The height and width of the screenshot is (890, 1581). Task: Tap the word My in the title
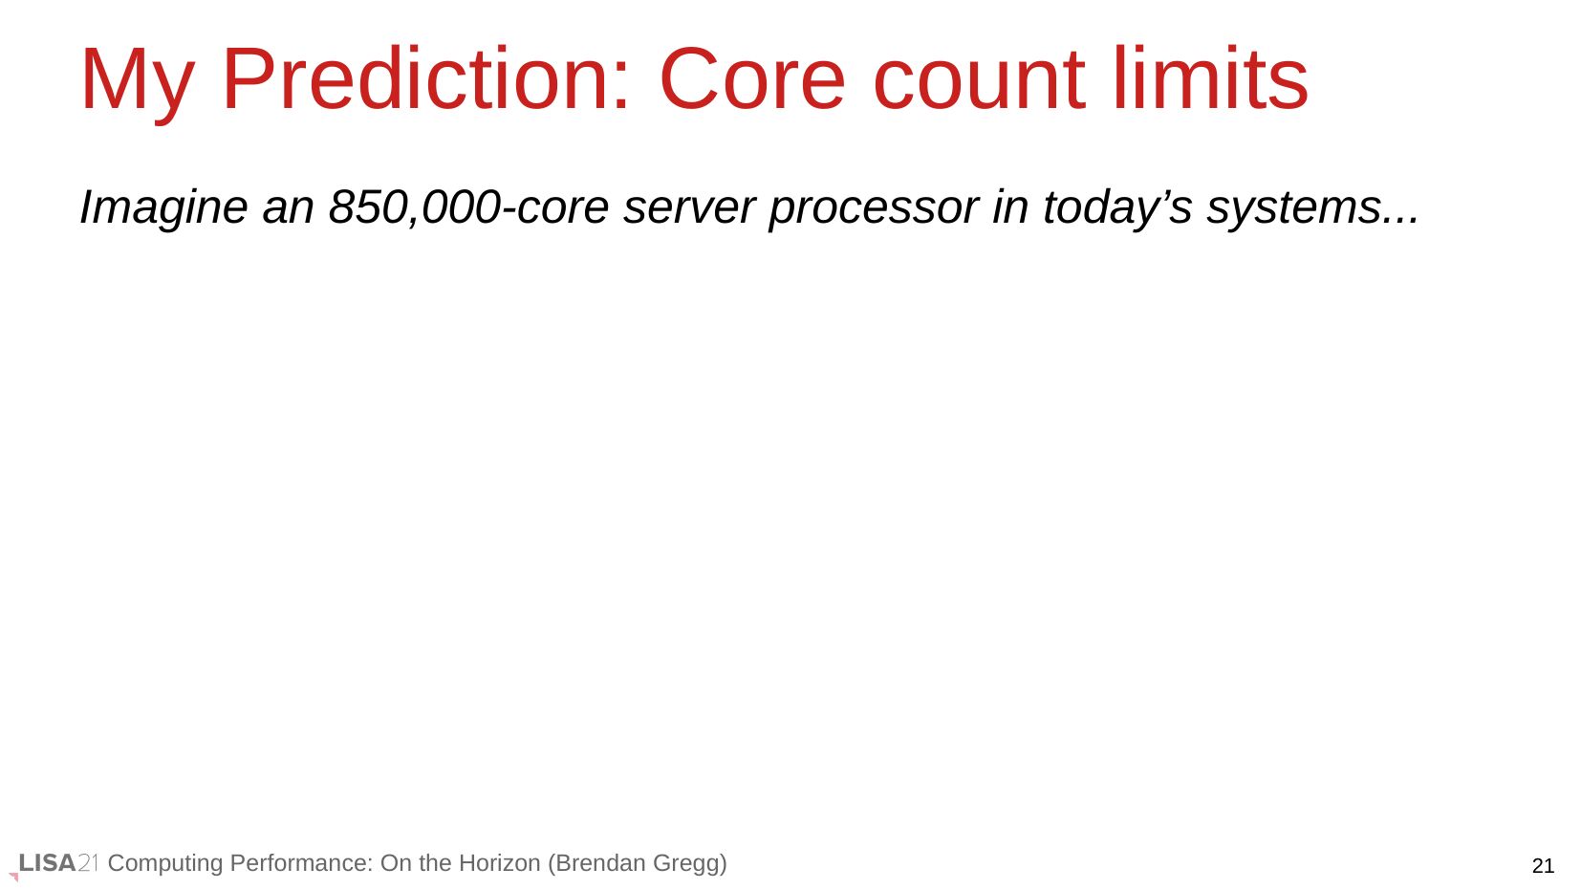[x=137, y=84]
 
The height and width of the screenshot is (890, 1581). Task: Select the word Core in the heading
[x=751, y=79]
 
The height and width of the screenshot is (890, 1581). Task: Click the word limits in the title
[x=1211, y=78]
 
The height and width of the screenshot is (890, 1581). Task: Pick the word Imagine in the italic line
[x=163, y=209]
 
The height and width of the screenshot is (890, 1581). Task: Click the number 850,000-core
[x=468, y=207]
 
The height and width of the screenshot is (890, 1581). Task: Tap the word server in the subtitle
[x=689, y=210]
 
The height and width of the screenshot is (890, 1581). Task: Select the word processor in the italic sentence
[x=874, y=212]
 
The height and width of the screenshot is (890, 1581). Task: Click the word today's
[x=1118, y=209]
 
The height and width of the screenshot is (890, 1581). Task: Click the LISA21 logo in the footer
[x=58, y=862]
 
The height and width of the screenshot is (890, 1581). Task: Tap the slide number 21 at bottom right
[x=1543, y=865]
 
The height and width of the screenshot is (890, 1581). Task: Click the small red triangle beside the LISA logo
[x=13, y=877]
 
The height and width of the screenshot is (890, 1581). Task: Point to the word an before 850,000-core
[x=288, y=210]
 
